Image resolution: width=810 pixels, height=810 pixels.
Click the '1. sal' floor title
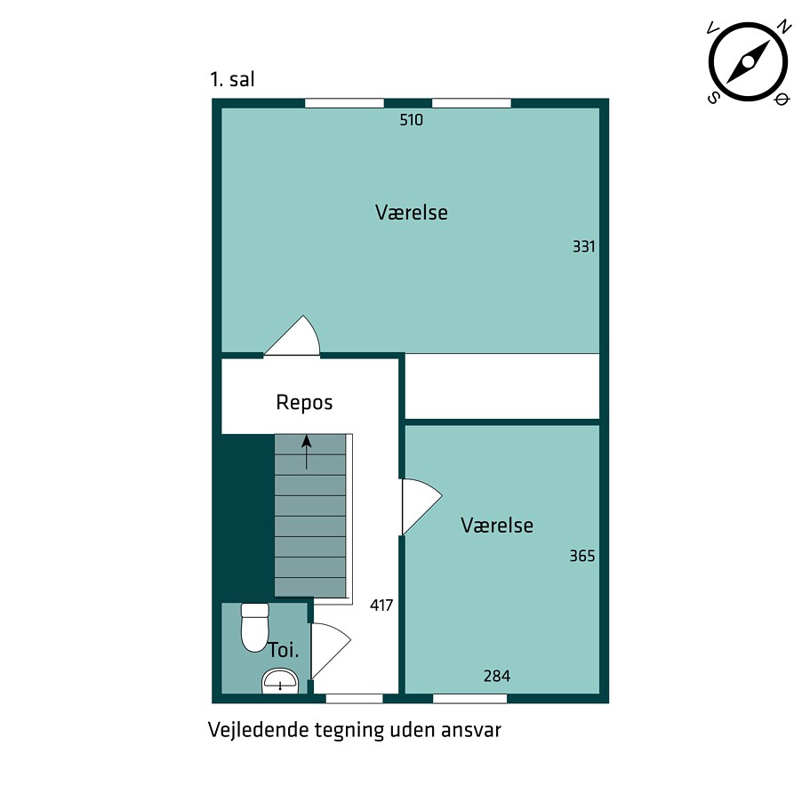click(x=232, y=79)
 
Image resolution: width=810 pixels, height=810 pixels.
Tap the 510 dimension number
click(x=411, y=120)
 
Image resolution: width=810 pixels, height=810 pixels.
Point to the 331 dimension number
click(x=584, y=246)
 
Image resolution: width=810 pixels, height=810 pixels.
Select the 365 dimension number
click(x=582, y=556)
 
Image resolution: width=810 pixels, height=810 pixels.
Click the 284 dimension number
click(x=497, y=676)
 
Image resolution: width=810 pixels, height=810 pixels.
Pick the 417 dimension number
click(x=381, y=605)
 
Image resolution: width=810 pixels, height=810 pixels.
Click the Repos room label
click(x=304, y=403)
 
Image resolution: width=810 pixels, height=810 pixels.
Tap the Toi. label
click(x=284, y=650)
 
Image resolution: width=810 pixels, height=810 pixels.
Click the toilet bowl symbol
click(x=255, y=627)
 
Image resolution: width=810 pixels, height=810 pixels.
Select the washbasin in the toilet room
click(x=280, y=681)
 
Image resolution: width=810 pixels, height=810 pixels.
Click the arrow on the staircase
click(x=307, y=452)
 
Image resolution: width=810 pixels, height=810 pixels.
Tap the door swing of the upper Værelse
click(x=292, y=336)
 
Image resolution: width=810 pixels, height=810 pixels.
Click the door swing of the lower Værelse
click(x=422, y=507)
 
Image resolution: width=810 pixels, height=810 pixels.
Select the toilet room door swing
click(x=331, y=651)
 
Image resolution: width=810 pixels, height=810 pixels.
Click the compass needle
click(x=748, y=62)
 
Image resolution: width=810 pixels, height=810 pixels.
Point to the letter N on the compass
click(x=785, y=27)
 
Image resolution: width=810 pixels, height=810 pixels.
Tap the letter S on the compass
click(x=713, y=98)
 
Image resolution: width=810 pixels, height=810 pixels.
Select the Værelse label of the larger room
click(x=411, y=213)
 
